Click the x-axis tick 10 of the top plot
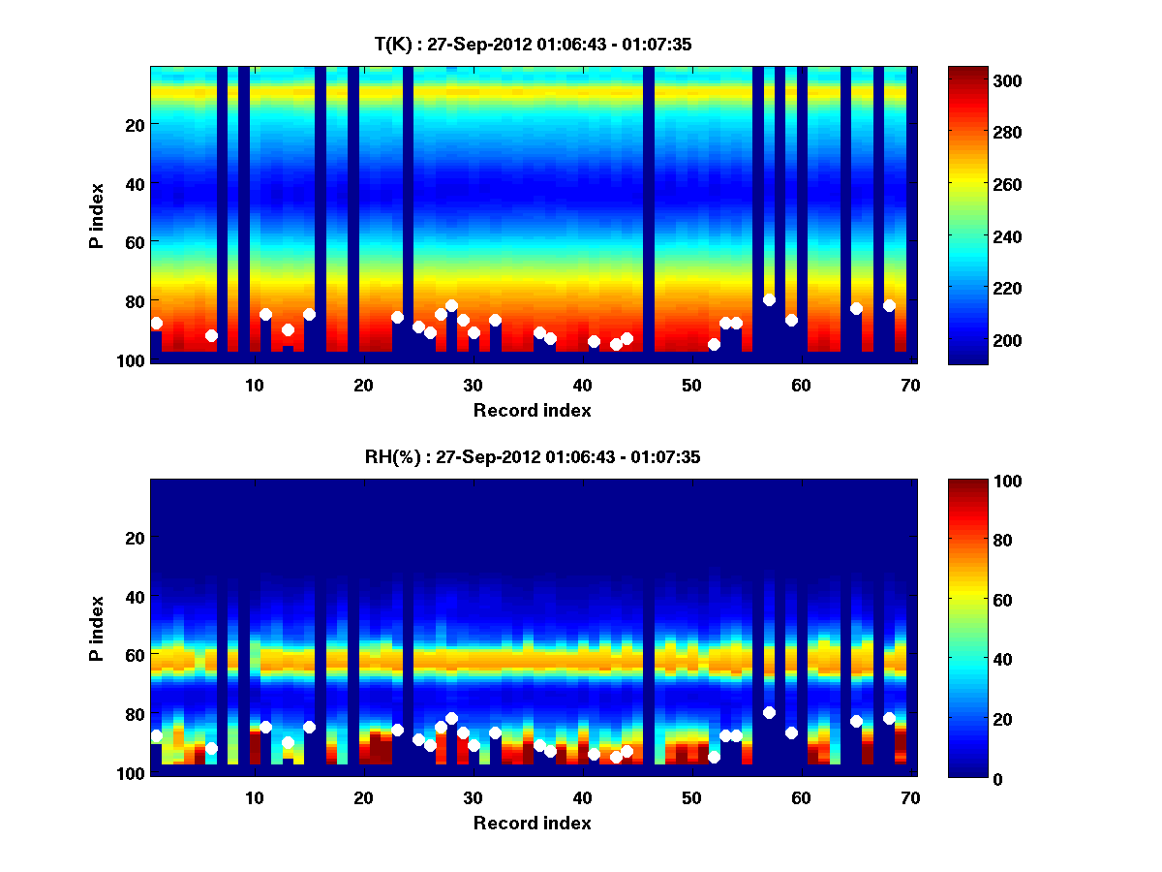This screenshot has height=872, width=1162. point(254,385)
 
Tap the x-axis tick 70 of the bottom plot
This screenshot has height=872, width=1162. point(910,797)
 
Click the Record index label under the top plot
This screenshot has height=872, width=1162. point(532,410)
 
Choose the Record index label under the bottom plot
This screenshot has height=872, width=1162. point(532,823)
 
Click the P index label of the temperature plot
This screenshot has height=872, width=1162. point(97,215)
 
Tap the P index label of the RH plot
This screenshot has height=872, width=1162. point(97,628)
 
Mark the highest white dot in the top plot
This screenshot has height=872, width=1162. point(769,299)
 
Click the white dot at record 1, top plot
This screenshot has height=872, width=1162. point(156,323)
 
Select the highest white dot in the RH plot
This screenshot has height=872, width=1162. point(769,712)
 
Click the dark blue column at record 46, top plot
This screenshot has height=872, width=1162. point(648,213)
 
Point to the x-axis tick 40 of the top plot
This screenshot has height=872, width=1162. point(582,385)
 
